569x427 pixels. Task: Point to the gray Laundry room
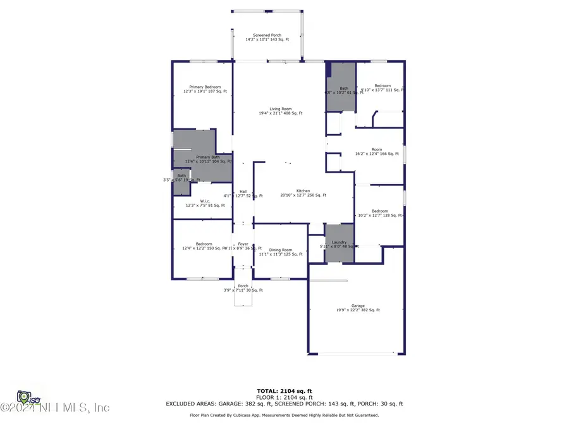(339, 244)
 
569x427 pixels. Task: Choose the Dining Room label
(281, 251)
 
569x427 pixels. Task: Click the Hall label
(243, 191)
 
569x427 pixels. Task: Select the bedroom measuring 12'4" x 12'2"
(204, 245)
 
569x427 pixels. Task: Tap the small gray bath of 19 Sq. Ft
(181, 177)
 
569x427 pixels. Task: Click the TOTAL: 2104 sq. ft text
(284, 390)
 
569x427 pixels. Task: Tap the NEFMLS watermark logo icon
(25, 398)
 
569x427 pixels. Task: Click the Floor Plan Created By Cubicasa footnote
(284, 416)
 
